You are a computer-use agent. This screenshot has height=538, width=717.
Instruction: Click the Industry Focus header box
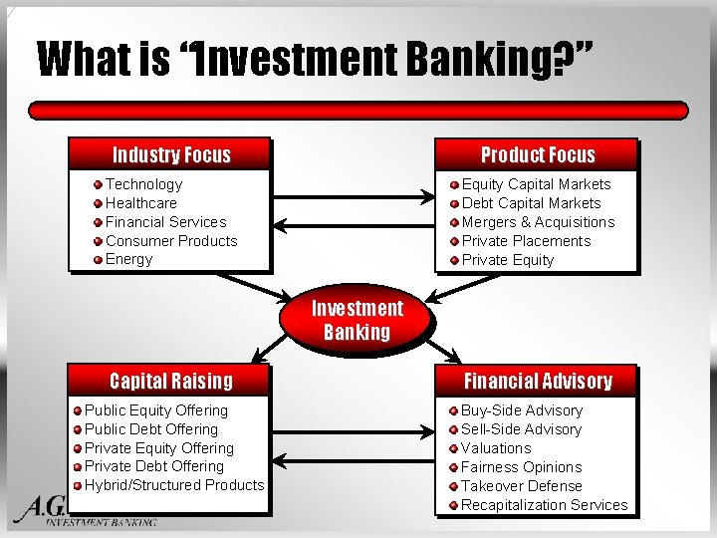tap(170, 154)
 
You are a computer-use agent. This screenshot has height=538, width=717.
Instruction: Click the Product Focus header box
tap(537, 154)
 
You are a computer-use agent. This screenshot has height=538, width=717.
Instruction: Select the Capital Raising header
tap(170, 381)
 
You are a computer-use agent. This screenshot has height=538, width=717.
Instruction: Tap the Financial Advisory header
tap(537, 381)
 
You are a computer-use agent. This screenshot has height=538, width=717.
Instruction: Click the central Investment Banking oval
tap(357, 320)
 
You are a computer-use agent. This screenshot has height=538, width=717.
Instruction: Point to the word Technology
tap(143, 184)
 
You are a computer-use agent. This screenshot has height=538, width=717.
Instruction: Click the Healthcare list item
tap(140, 203)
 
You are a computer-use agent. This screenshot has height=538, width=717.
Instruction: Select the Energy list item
tap(129, 259)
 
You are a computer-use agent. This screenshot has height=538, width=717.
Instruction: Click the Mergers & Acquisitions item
tap(538, 222)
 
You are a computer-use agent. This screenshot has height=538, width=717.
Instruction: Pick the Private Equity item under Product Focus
tap(508, 260)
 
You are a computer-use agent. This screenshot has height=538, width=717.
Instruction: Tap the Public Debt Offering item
tap(150, 429)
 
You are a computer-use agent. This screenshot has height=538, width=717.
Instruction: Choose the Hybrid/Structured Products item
tap(174, 485)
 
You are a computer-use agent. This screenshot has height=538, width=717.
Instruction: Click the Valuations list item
tap(496, 448)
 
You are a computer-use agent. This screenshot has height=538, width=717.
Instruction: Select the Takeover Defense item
tap(521, 486)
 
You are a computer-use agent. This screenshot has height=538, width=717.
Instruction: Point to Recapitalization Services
tap(544, 505)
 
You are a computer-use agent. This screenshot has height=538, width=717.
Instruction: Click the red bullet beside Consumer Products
tap(98, 241)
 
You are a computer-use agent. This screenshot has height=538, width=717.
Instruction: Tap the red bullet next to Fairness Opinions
tap(454, 467)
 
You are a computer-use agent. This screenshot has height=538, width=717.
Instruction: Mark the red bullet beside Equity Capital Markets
tap(454, 184)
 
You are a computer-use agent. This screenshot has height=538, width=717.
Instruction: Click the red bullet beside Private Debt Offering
tap(77, 467)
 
